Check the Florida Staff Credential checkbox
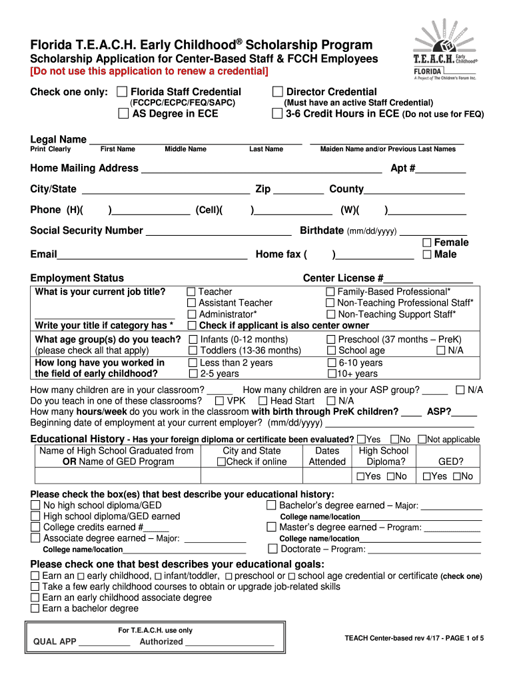122,92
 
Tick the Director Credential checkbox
278,92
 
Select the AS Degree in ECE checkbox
123,114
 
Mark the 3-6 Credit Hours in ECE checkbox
278,114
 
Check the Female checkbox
427,243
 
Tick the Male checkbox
427,254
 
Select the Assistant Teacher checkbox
192,303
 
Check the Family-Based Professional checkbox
330,292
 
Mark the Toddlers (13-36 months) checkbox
192,350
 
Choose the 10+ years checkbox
331,374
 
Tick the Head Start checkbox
263,401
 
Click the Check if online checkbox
222,462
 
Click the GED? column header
451,462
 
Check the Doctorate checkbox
272,549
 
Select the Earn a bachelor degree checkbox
35,608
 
